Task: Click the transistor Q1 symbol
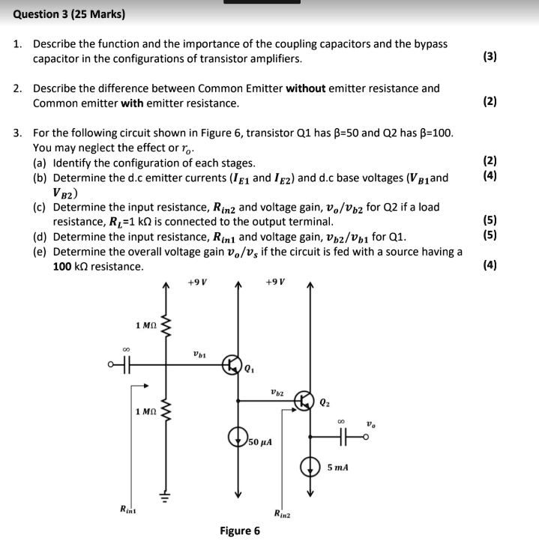[x=232, y=366]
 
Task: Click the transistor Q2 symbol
[x=304, y=400]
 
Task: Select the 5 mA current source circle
[x=311, y=467]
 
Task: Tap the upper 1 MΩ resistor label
[x=146, y=324]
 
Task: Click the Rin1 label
[x=129, y=510]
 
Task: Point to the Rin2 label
[x=283, y=514]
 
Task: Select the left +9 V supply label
[x=197, y=282]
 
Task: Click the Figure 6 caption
[x=240, y=531]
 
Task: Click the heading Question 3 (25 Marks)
[x=70, y=14]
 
